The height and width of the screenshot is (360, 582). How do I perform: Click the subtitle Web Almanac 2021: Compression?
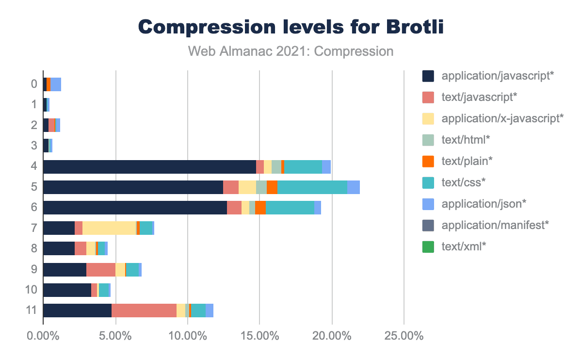291,51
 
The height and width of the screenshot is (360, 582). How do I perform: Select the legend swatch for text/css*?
428,182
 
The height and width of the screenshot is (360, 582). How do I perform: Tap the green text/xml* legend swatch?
428,246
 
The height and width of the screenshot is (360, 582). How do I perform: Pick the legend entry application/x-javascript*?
502,118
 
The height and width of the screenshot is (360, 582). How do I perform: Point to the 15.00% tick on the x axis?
259,336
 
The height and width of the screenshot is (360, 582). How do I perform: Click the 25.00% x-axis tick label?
404,336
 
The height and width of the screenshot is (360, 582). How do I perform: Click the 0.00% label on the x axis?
44,336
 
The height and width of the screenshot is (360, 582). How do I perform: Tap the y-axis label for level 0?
34,84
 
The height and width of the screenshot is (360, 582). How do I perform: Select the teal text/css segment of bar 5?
312,187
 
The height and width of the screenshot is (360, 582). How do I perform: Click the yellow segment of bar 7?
109,228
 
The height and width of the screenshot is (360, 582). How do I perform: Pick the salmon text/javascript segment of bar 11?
144,311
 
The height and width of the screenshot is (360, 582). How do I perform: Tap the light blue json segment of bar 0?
56,84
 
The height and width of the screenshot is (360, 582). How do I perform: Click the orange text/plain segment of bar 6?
260,208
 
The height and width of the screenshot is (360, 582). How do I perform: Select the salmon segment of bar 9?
100,270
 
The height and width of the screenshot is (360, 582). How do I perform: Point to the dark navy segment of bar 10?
67,290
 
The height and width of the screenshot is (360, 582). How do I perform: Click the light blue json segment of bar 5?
354,187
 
